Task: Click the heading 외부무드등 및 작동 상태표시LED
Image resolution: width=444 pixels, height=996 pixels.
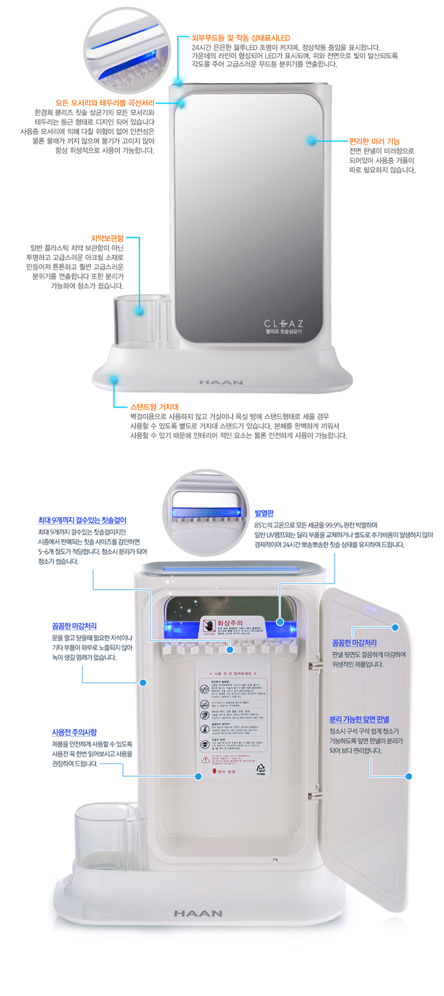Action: [240, 38]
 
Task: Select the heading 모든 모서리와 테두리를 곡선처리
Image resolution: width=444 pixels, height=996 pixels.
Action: [105, 103]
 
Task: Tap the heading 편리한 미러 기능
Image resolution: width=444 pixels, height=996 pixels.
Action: [374, 141]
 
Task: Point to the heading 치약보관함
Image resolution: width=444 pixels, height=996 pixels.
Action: [107, 238]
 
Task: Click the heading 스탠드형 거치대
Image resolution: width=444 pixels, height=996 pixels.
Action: [154, 406]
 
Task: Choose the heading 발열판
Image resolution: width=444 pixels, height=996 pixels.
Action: [264, 514]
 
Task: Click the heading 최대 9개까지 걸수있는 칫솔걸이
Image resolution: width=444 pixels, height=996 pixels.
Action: [82, 520]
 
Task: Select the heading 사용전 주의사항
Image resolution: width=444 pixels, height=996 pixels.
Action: [74, 732]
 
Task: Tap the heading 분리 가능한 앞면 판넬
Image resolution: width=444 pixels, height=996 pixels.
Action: [359, 719]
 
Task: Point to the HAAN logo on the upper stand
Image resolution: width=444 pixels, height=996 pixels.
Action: [221, 382]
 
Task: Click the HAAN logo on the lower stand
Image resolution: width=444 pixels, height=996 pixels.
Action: [198, 913]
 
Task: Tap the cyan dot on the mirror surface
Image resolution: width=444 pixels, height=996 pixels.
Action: [311, 141]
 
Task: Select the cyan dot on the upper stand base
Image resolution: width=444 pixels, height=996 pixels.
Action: [114, 380]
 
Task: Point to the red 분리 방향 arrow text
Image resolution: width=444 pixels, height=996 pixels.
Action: [224, 771]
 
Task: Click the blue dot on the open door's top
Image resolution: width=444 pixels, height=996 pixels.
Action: [395, 627]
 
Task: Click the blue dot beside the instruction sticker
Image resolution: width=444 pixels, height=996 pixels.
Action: [199, 776]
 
